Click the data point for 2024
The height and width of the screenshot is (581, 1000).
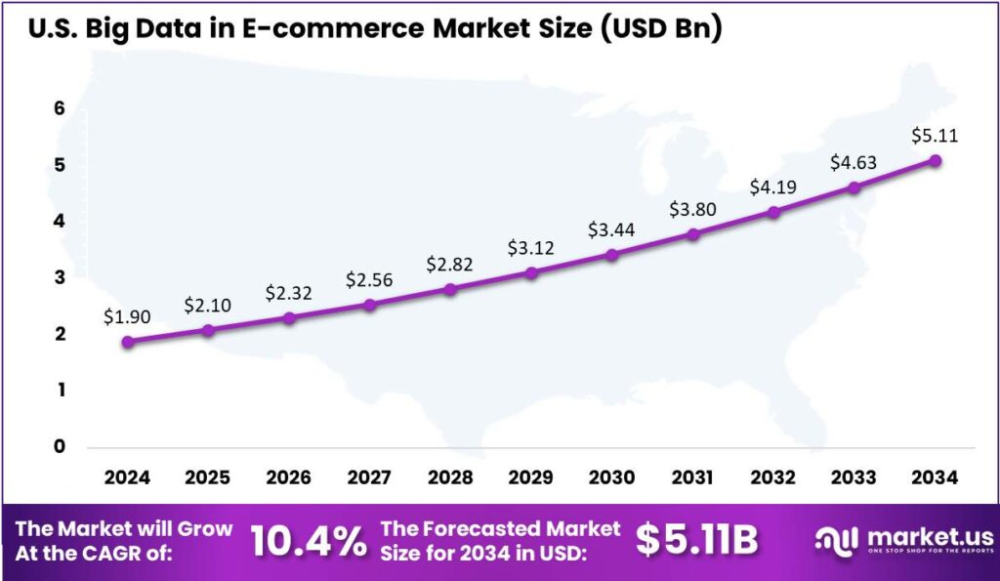(x=127, y=342)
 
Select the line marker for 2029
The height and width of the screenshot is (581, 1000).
(x=531, y=272)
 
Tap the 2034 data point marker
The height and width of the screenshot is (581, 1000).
(x=936, y=160)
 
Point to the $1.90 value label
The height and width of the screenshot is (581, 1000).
(x=127, y=317)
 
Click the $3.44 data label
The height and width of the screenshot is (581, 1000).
(x=611, y=230)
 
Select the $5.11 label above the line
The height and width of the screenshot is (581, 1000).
(x=935, y=136)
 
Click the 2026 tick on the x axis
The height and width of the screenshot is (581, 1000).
(x=289, y=478)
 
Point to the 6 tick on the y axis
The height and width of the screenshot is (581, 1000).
(x=60, y=108)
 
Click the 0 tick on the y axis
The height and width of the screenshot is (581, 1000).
(x=60, y=446)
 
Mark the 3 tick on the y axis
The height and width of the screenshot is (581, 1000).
(x=60, y=277)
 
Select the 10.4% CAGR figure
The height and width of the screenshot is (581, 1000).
(x=309, y=540)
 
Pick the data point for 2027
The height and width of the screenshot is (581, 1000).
(x=369, y=305)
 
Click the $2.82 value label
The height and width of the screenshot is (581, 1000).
(x=450, y=265)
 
